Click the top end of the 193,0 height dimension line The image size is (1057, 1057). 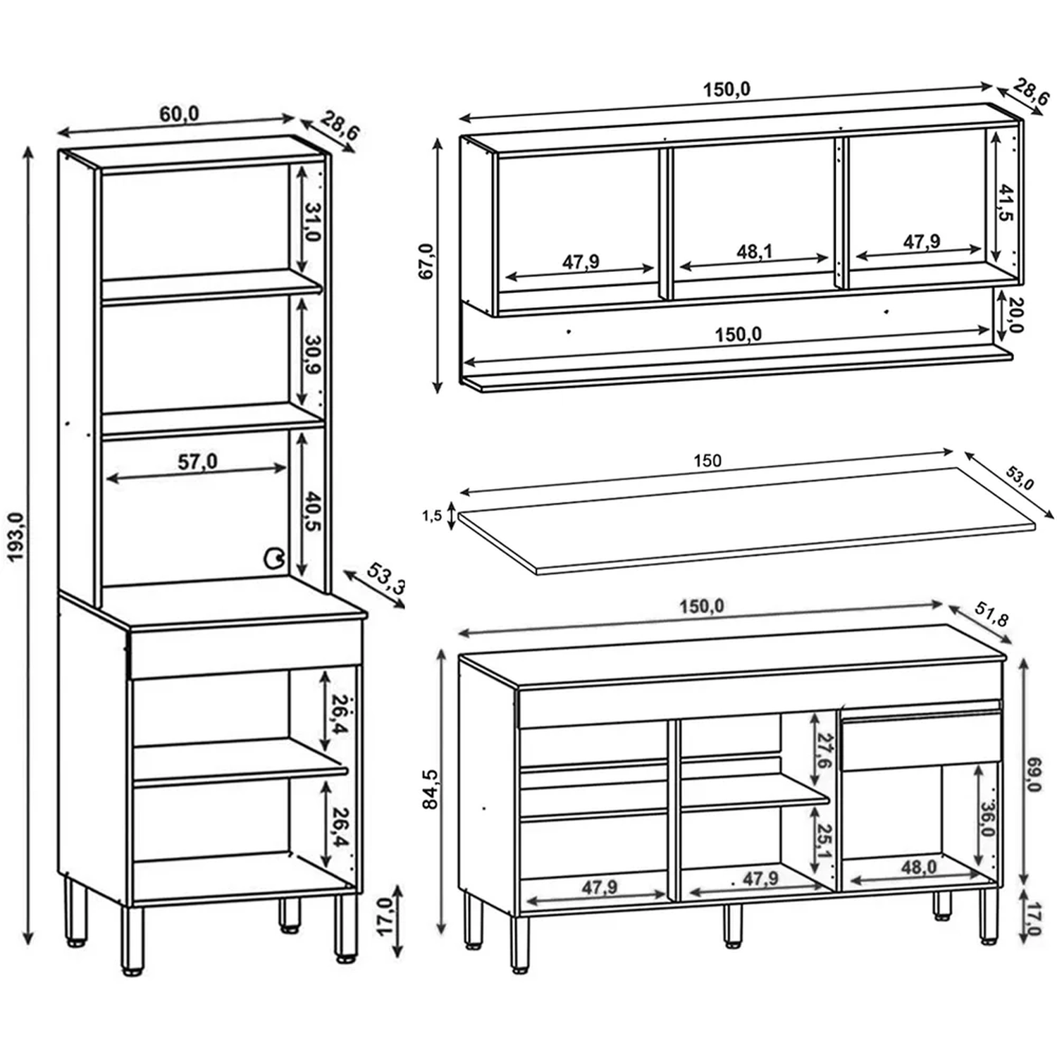[x=28, y=147]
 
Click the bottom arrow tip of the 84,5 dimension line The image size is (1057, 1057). [x=442, y=934]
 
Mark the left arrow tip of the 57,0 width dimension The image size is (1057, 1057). [x=106, y=479]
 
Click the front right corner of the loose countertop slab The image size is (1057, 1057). [x=1036, y=522]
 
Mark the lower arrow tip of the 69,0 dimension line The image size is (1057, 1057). [x=1024, y=882]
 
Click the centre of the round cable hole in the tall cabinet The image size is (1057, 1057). [x=273, y=559]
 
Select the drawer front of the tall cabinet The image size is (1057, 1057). [x=246, y=648]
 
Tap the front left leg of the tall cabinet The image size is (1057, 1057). [x=132, y=940]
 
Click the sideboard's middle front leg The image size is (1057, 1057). [x=733, y=925]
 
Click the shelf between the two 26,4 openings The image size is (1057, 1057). [x=240, y=762]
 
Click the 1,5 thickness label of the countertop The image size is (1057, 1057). [x=432, y=517]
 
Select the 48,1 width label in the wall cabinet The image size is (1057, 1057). [x=755, y=252]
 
